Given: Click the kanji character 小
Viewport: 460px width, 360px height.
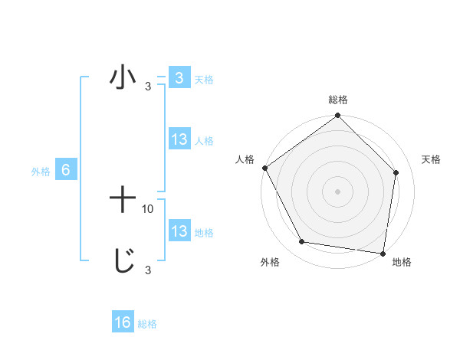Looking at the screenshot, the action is [123, 79].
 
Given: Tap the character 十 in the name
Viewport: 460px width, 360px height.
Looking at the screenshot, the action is [123, 201].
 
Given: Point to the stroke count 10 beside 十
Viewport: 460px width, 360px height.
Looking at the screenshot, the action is [148, 208].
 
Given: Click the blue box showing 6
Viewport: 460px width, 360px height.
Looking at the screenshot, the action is [66, 170].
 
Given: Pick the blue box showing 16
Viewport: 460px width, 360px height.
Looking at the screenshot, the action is [123, 322].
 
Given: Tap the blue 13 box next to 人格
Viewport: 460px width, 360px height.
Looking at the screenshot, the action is [179, 139].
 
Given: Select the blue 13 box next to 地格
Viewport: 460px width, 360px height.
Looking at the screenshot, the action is [179, 231].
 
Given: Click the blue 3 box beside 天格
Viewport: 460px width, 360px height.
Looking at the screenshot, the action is [179, 78].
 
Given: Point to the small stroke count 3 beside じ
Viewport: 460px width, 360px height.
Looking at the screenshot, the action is [148, 270].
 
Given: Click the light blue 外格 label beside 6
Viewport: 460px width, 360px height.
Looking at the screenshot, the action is [41, 172].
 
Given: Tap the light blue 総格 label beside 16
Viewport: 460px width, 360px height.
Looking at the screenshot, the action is [147, 324].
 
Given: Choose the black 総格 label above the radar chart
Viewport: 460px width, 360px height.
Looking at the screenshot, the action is [338, 100].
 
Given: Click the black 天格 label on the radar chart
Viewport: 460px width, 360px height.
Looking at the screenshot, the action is [432, 159].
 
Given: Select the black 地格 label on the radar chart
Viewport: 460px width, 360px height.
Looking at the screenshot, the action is [402, 262].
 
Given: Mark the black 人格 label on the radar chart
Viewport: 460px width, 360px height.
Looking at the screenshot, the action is [245, 159].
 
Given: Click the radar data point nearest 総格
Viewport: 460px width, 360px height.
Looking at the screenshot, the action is [338, 116].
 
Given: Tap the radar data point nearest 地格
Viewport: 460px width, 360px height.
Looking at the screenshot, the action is [383, 253].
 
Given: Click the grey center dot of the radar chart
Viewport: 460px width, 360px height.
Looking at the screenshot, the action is [338, 191].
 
